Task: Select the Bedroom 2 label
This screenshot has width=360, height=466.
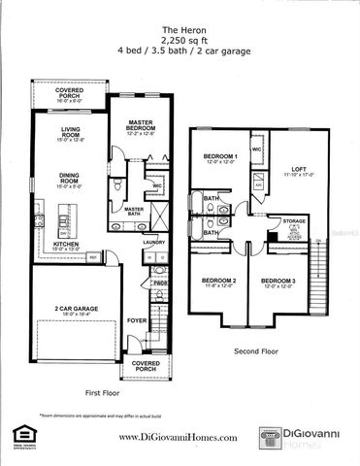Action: [x=221, y=283]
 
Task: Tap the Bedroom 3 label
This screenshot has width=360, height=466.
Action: [x=278, y=283]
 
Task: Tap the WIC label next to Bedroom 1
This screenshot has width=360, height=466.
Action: [x=255, y=150]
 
